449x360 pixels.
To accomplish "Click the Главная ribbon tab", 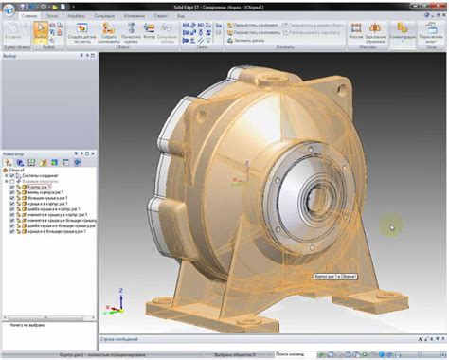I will (30, 16).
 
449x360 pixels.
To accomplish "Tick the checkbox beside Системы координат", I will (14, 175).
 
